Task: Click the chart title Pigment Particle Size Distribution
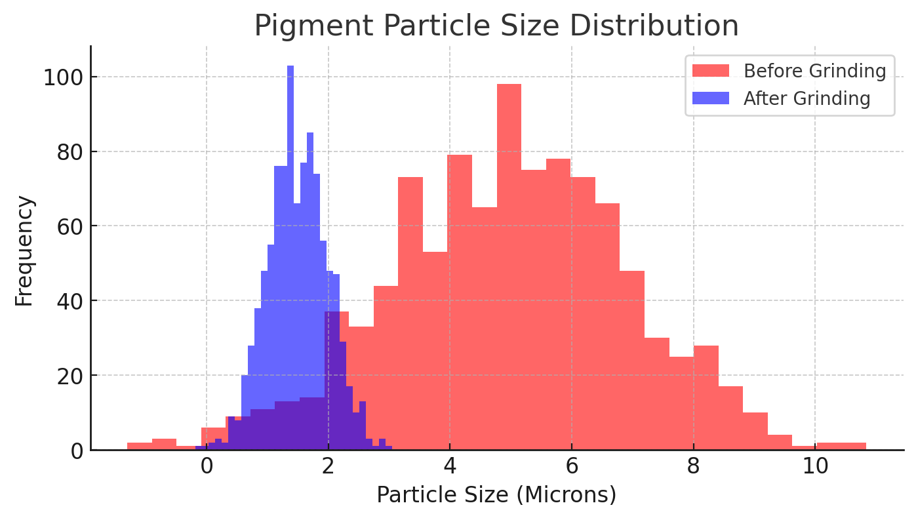496,26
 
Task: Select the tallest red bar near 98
509,262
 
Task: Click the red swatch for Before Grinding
710,71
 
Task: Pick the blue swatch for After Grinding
710,98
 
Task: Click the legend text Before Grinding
814,71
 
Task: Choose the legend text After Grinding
806,98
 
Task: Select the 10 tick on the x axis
815,468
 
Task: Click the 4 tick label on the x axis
450,468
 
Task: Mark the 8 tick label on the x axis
693,468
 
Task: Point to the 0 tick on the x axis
207,468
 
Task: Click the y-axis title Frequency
24,250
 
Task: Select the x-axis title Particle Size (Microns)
496,495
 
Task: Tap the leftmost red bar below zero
140,447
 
